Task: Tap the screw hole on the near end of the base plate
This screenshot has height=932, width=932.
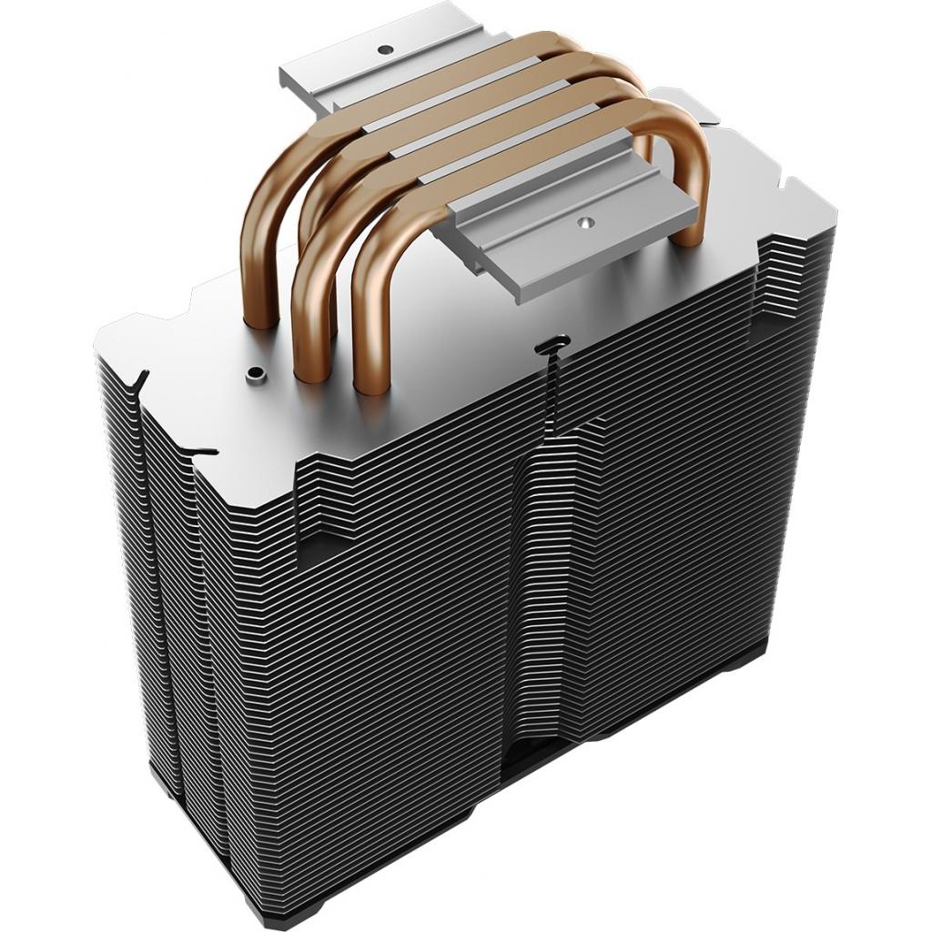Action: click(584, 219)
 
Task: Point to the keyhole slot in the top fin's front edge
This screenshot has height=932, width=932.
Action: click(551, 347)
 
